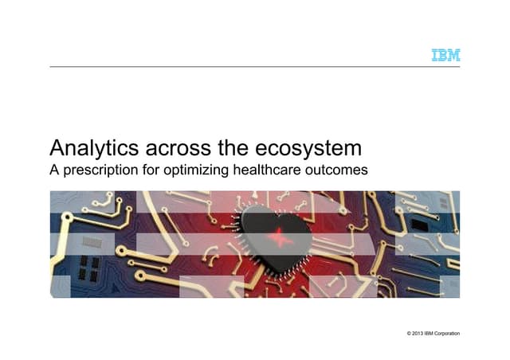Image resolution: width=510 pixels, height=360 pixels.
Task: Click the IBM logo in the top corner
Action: coord(445,56)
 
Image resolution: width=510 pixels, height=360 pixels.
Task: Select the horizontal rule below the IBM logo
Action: coord(255,66)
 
